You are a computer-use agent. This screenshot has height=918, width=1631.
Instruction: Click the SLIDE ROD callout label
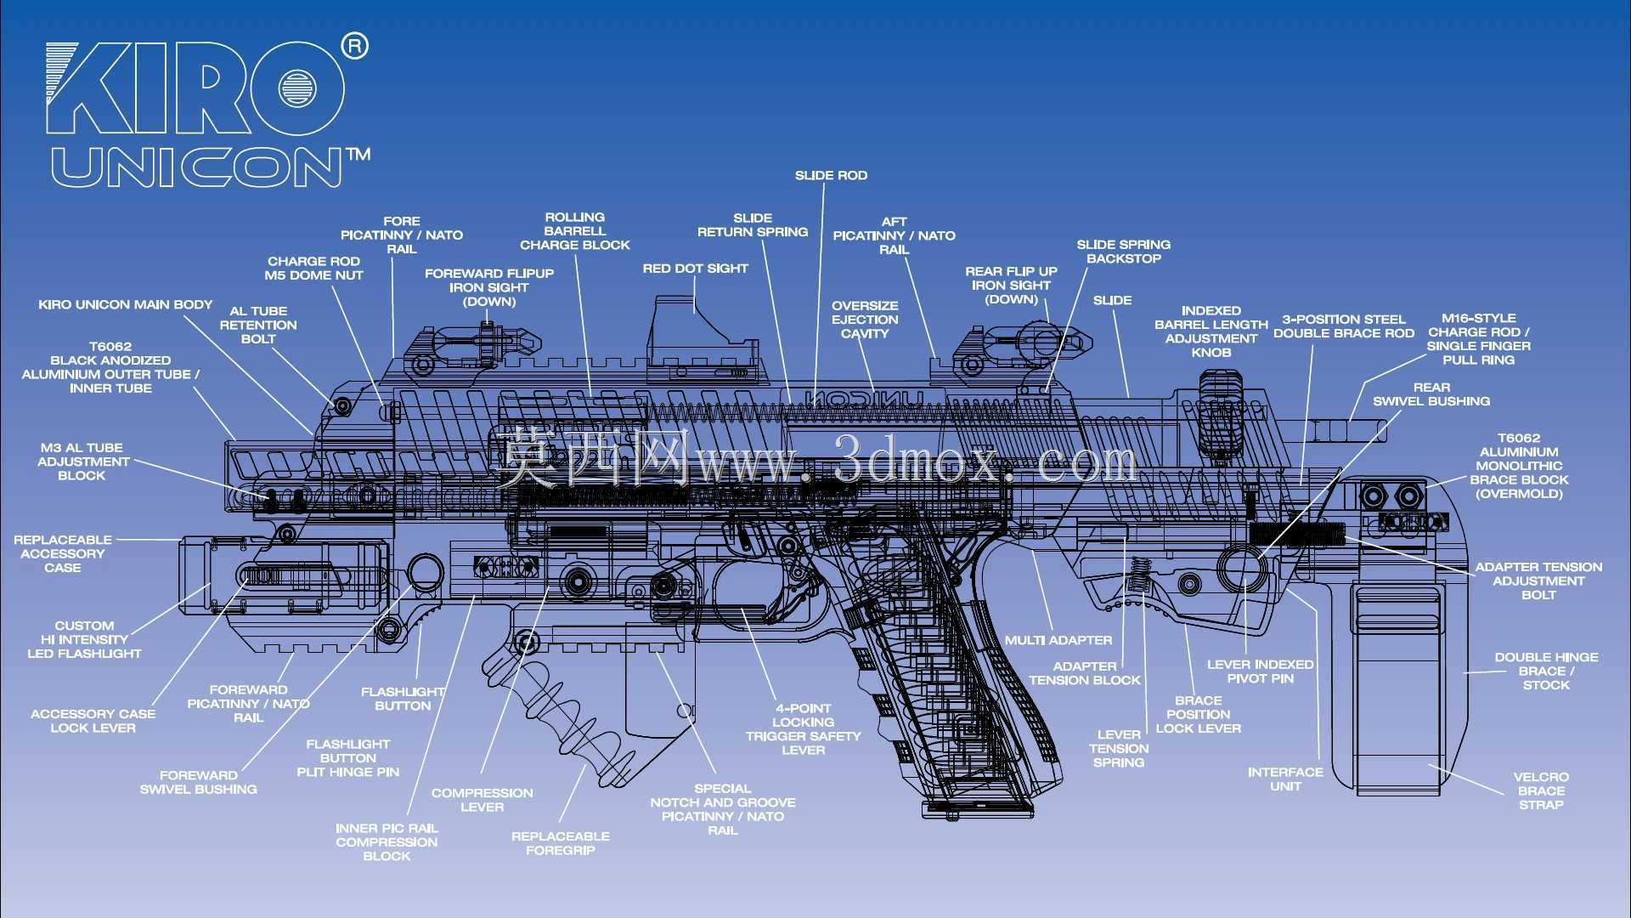831,176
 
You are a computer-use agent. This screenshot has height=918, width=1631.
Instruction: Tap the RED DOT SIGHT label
695,269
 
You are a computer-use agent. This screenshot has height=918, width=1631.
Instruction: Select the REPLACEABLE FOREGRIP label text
561,843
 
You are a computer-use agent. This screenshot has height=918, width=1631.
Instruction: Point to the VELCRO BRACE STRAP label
1541,790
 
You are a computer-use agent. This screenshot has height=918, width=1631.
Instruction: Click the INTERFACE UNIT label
1285,779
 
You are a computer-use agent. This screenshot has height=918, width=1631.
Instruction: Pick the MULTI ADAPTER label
1058,640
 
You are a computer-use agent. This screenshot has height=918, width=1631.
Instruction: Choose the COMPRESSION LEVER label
482,800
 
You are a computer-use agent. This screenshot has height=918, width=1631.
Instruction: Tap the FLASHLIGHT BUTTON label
403,699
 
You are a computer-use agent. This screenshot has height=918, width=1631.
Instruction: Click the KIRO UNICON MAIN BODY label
126,304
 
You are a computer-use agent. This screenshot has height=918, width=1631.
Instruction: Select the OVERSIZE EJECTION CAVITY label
865,320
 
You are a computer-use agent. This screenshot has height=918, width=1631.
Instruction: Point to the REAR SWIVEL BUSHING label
1431,394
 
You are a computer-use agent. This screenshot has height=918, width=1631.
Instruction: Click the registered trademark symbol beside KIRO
355,46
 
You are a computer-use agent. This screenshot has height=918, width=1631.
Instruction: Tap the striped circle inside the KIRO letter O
297,87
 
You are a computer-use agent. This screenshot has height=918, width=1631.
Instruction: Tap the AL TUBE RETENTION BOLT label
258,325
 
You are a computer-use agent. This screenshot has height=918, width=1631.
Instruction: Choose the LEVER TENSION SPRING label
1119,749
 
